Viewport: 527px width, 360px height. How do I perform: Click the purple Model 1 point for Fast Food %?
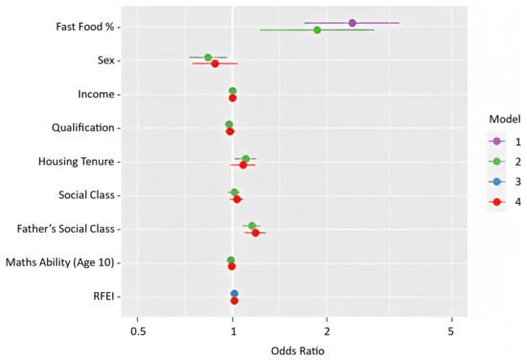(353, 22)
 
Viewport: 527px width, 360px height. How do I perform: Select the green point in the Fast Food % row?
(317, 30)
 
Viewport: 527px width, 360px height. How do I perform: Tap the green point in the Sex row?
(208, 57)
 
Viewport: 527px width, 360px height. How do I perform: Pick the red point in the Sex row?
(215, 64)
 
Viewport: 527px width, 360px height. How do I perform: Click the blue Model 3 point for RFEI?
(234, 294)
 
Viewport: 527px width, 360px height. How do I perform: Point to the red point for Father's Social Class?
(255, 233)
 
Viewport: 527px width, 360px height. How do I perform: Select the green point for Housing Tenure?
(246, 159)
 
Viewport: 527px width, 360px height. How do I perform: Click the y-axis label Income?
(97, 95)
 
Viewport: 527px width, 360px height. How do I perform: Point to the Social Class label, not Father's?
(86, 195)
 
